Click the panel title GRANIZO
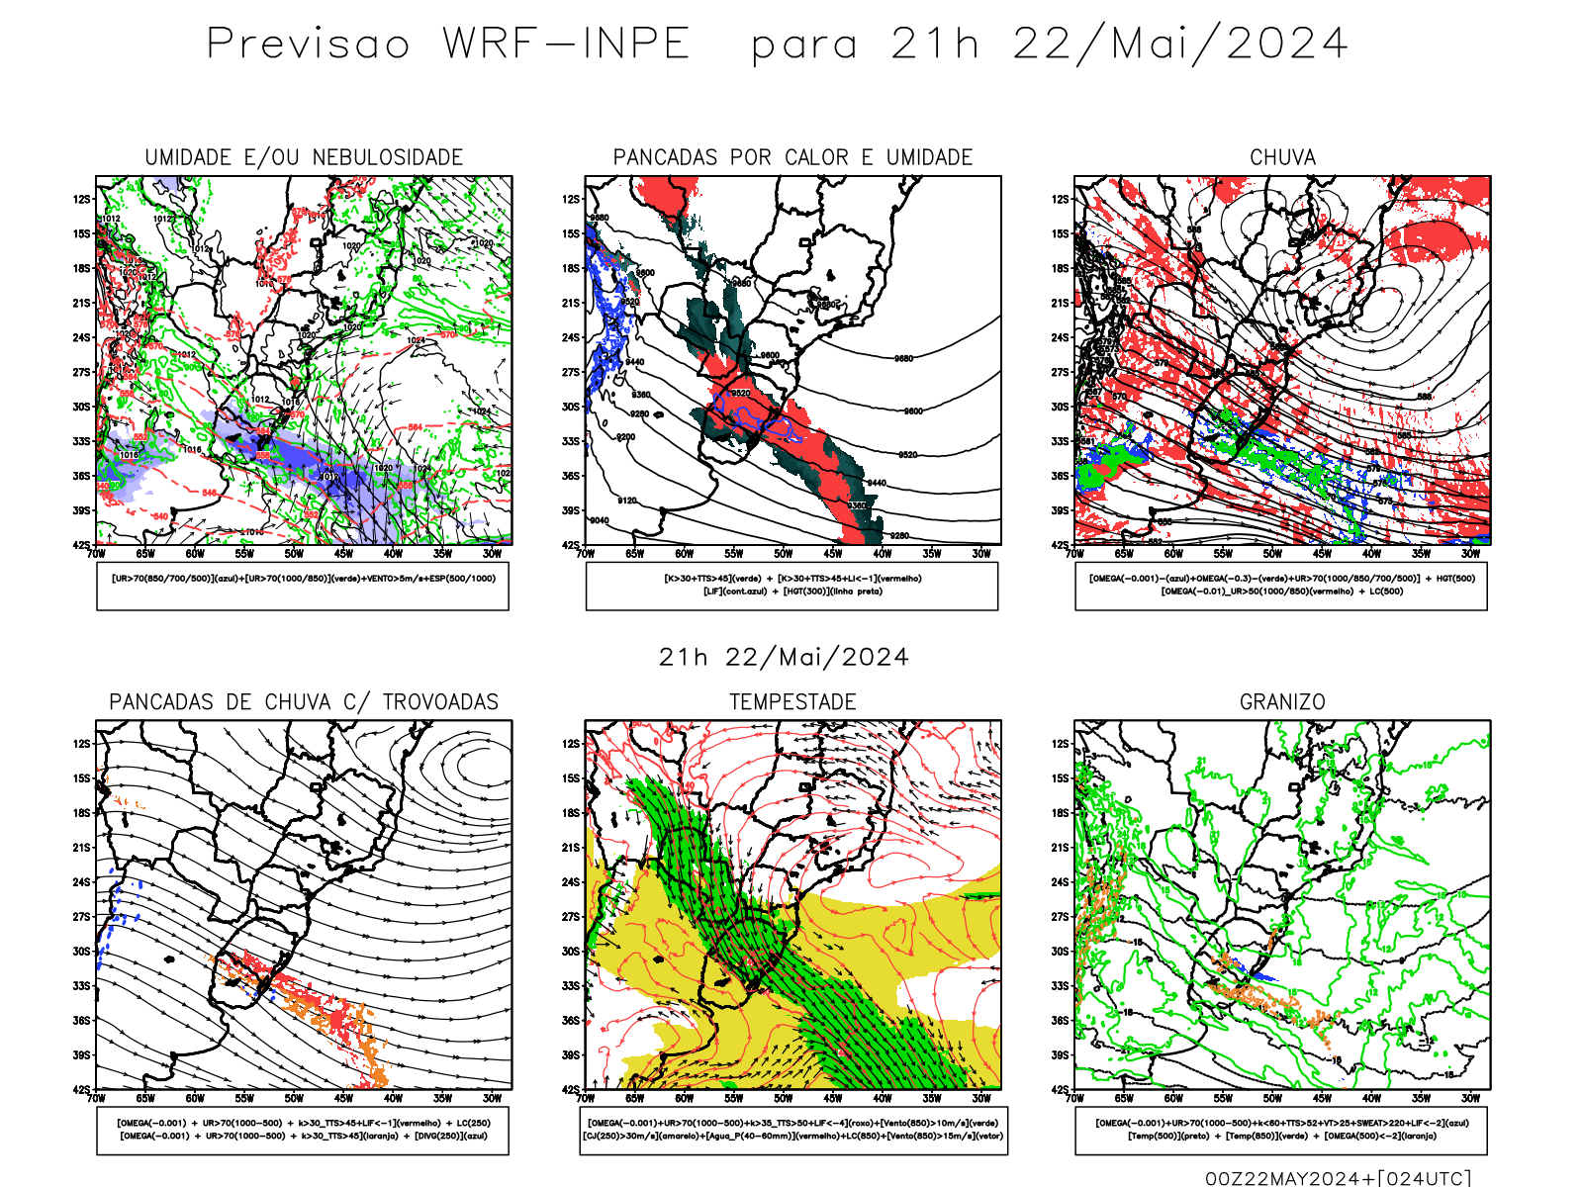click(1282, 702)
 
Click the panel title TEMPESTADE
click(792, 702)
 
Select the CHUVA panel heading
click(1282, 158)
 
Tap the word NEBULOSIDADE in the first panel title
click(388, 158)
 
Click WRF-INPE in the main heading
click(566, 45)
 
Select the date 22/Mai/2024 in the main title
click(1180, 45)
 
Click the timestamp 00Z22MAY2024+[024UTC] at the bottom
click(1338, 1178)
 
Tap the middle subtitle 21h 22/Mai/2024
click(784, 658)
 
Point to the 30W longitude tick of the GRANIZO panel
click(1471, 1098)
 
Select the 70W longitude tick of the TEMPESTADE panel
click(586, 1098)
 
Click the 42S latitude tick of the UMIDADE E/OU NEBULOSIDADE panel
click(81, 545)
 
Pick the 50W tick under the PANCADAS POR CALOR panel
click(784, 554)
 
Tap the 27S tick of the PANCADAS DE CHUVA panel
click(81, 917)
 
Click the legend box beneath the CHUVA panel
click(1281, 586)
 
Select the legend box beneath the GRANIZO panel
click(1281, 1130)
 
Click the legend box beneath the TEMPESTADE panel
click(793, 1130)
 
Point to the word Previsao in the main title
click(309, 45)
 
